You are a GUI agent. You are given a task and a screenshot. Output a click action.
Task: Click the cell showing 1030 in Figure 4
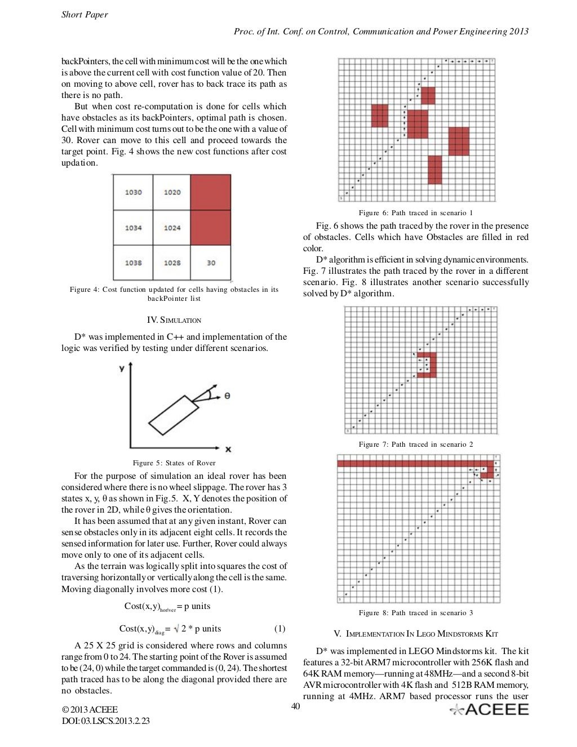133,193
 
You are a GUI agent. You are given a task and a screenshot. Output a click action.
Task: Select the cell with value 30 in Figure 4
211,263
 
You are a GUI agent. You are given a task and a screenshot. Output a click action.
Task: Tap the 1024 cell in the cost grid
172,228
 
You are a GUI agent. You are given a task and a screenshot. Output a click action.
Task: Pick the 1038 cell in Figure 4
133,263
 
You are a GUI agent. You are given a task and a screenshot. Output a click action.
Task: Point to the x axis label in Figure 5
228,449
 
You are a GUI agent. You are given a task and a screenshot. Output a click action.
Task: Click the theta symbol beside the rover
227,396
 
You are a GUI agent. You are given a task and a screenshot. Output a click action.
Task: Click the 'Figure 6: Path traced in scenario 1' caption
415,213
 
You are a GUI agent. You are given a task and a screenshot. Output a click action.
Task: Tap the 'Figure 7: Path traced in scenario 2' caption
415,444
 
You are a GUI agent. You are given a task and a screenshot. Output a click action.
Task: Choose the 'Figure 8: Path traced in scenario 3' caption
415,613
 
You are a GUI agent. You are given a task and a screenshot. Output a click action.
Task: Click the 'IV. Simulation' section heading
174,320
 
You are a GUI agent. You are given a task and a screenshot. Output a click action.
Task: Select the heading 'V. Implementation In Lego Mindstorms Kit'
415,634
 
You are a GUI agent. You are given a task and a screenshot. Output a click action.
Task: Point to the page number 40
295,706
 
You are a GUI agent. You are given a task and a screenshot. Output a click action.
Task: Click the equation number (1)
279,629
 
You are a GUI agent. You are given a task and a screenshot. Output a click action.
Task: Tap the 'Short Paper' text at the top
85,15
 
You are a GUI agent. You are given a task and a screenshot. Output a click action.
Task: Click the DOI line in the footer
105,721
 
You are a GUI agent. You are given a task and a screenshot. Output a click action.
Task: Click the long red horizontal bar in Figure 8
406,464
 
